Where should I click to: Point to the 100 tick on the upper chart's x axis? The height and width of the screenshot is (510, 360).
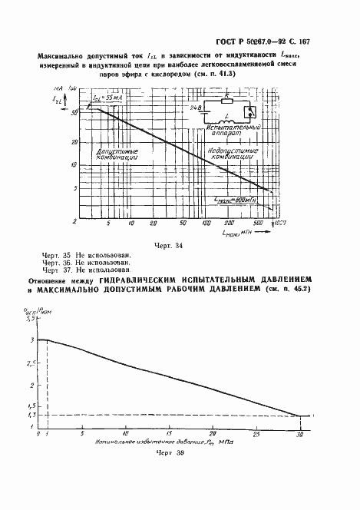206,223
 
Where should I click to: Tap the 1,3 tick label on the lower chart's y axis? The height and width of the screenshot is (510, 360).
32,416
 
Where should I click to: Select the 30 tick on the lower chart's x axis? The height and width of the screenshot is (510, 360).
299,434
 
